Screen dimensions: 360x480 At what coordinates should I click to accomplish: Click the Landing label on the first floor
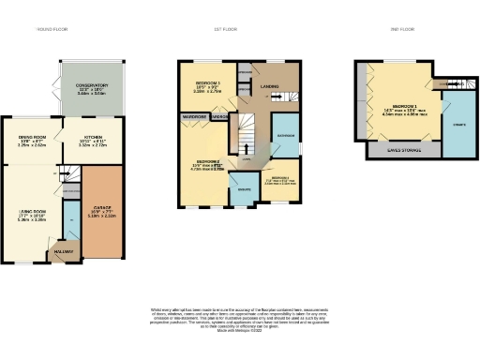(272, 90)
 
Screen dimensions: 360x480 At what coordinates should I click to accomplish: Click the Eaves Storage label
(405, 149)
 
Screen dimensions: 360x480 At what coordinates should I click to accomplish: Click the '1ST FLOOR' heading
(240, 29)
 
